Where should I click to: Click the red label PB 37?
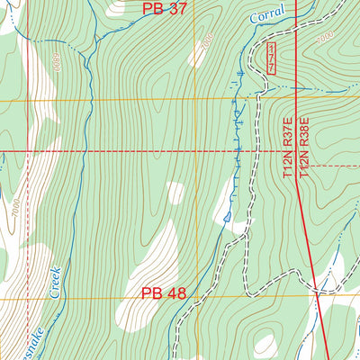tap(164, 9)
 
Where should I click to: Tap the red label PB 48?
tap(163, 293)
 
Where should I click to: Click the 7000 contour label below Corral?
tap(209, 41)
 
